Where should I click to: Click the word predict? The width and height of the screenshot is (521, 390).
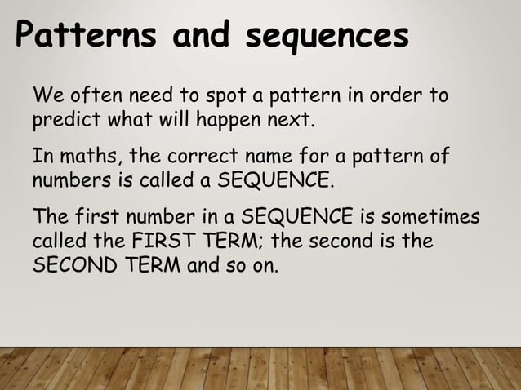pyautogui.click(x=62, y=123)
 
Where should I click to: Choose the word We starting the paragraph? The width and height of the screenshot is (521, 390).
pyautogui.click(x=46, y=98)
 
